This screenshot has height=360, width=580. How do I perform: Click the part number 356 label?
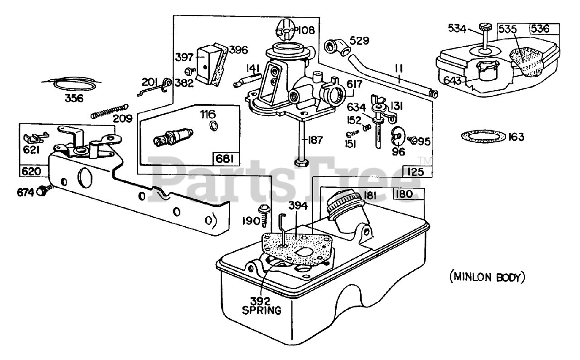pos(74,98)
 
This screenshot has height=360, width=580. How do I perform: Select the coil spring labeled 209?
pos(110,111)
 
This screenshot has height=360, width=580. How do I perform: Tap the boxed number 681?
pos(224,159)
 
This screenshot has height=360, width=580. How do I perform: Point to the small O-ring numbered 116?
pos(213,126)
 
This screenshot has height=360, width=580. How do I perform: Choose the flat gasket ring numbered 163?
pos(483,136)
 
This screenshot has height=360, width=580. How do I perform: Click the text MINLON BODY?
pos(488,277)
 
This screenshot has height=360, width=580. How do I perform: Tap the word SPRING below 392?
pos(261,310)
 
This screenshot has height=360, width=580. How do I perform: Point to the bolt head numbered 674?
pos(42,192)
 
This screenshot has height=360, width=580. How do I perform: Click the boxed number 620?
pos(31,171)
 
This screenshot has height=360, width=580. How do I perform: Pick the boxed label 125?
pos(416,171)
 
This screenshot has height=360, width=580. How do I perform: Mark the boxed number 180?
pos(405,194)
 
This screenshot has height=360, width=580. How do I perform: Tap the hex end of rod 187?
pos(301,163)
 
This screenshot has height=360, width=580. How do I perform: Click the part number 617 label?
pos(354,84)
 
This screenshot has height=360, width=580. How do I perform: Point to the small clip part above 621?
pos(36,138)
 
